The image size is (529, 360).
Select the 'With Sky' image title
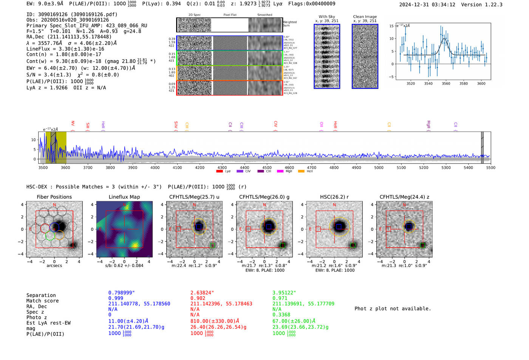point(326,17)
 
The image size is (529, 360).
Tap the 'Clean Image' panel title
point(365,17)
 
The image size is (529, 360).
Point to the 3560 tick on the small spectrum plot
point(446,83)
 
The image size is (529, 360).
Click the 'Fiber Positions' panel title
point(54,197)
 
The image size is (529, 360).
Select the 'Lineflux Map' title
point(124,197)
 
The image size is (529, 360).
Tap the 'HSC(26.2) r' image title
point(334,197)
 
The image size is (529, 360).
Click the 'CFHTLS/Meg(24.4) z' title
point(404,197)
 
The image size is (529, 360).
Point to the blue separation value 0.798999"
point(121,293)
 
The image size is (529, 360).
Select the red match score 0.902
point(198,298)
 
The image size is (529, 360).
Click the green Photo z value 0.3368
point(281,315)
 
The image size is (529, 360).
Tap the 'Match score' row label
point(42,301)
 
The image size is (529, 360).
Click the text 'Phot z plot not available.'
point(393,309)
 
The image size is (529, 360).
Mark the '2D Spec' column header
point(194,15)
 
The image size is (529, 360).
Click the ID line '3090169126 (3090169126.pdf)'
point(72,14)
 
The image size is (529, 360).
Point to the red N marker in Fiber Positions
point(54,205)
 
